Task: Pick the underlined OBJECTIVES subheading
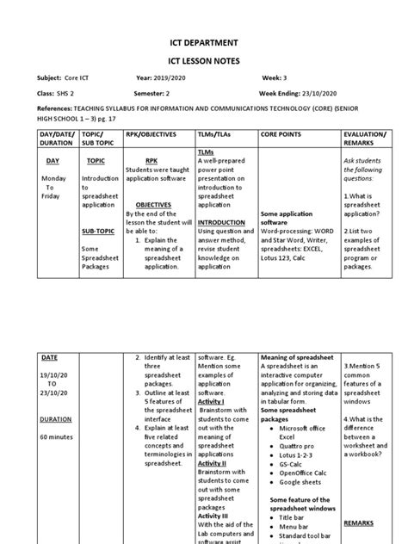(x=154, y=205)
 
